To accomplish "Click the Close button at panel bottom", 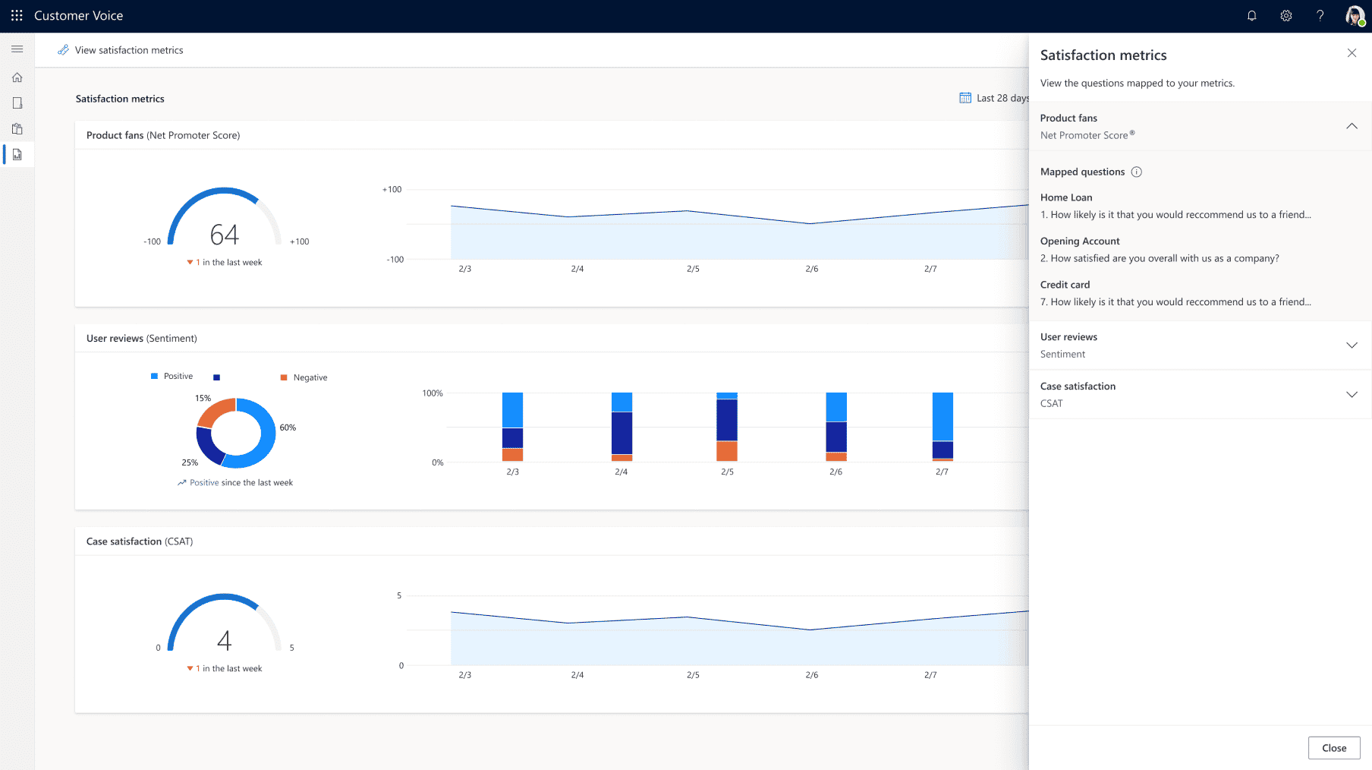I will [x=1333, y=747].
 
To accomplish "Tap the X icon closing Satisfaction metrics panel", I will [x=1352, y=53].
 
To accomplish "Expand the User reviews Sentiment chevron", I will [x=1352, y=346].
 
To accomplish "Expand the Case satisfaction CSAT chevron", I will [x=1352, y=395].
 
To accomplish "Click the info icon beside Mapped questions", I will [x=1136, y=172].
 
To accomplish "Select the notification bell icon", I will [x=1251, y=16].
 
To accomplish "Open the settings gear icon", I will [x=1285, y=16].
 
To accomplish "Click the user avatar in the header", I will [x=1355, y=16].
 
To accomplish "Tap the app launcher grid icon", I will [x=17, y=16].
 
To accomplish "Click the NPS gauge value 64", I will [x=225, y=235].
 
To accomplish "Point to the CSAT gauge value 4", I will [x=224, y=641].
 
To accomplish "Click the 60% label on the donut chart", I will [x=288, y=428].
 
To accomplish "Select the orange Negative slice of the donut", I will [x=215, y=412].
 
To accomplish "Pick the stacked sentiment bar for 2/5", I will [x=727, y=427].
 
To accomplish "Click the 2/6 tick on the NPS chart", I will [x=811, y=269].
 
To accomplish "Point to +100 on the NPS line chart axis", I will [x=392, y=190].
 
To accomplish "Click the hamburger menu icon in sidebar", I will [x=17, y=49].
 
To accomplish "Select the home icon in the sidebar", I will [x=17, y=77].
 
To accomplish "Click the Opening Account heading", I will [x=1079, y=241].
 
